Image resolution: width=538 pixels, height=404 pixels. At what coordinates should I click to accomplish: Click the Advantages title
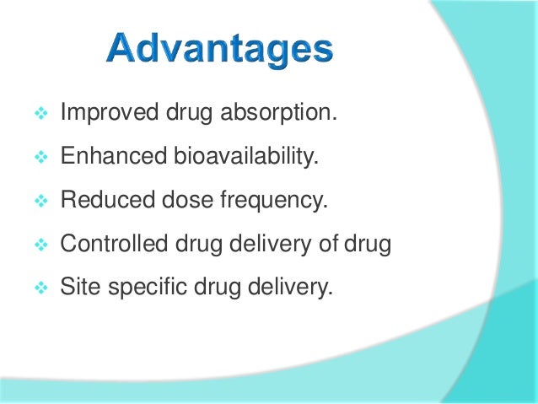click(219, 51)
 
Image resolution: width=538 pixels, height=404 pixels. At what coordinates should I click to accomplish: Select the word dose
click(173, 202)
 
